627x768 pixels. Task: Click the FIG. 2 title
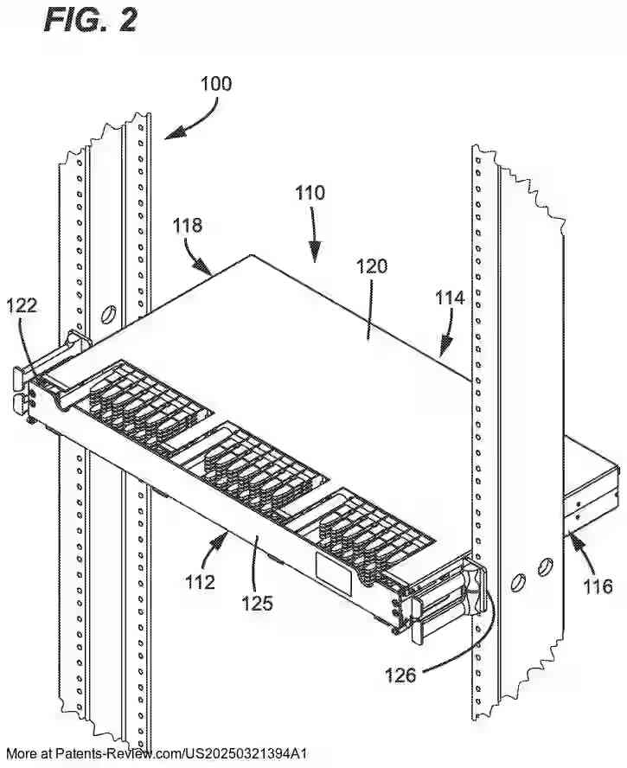(x=90, y=19)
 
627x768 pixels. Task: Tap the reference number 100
(x=216, y=84)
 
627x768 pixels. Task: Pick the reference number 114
(x=450, y=298)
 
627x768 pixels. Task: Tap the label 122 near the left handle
(x=22, y=304)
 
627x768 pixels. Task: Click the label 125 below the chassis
(x=257, y=603)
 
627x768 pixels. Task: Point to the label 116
(x=596, y=587)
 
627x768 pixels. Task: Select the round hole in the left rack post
(x=110, y=312)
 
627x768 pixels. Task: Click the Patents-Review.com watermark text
(x=169, y=753)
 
